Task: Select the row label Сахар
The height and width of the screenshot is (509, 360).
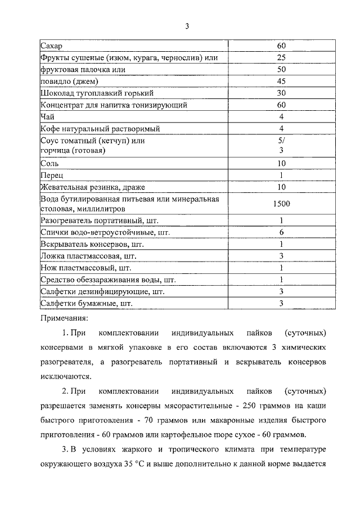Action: [52, 46]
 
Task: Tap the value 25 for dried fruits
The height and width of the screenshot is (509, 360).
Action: [281, 57]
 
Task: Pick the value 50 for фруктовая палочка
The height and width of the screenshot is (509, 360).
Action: [281, 69]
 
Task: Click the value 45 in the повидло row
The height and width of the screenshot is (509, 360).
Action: [281, 81]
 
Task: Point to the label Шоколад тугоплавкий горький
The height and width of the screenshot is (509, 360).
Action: [97, 93]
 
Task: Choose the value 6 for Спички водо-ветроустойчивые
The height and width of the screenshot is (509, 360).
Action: [281, 232]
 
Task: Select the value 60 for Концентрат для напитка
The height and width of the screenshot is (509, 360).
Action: [281, 105]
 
